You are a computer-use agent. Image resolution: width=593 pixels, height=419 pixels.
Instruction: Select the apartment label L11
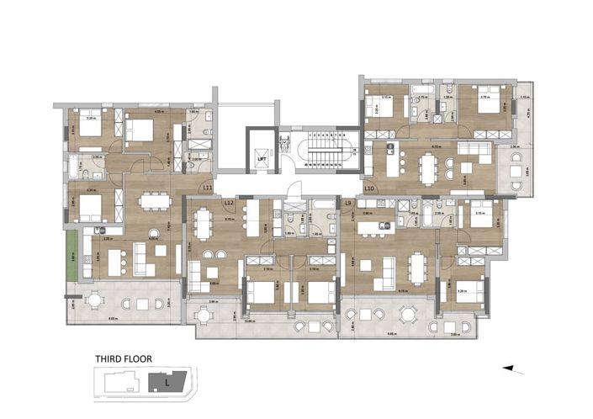tap(207, 188)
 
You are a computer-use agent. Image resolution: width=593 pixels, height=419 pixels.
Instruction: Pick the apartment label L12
tap(229, 203)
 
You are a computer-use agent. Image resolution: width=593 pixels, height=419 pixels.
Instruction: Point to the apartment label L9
tap(348, 203)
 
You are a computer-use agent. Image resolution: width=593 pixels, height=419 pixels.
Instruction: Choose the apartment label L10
tap(369, 188)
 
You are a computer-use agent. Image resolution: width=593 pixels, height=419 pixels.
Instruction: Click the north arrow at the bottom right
tap(513, 369)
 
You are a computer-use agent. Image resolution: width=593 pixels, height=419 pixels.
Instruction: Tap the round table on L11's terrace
tap(95, 300)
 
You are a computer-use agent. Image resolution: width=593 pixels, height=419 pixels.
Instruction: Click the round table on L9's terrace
tap(407, 315)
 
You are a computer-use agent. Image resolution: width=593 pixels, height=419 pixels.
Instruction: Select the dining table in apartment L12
tap(204, 224)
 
